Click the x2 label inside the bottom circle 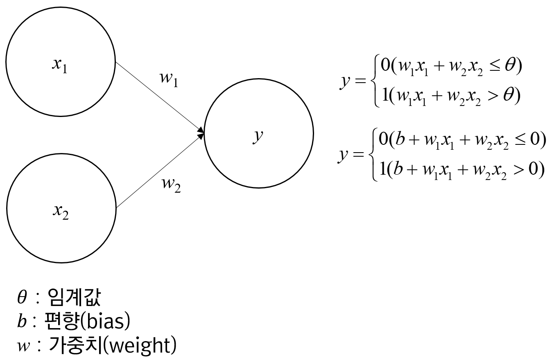pos(60,212)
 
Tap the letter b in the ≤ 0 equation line pos(397,140)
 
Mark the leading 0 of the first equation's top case pos(385,66)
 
